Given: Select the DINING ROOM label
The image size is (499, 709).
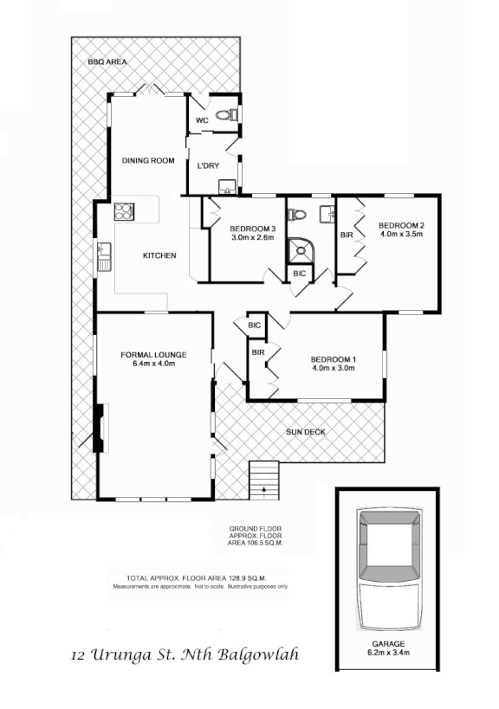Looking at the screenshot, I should point(148,160).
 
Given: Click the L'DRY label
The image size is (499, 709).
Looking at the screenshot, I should point(209,165).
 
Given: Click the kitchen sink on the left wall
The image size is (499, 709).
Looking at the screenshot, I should point(101,253).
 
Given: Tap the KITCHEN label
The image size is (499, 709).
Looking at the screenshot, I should point(159,255).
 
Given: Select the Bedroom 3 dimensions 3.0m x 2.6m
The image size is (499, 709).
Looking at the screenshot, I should point(252,237).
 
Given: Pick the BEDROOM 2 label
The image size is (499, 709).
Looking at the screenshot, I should point(401,224).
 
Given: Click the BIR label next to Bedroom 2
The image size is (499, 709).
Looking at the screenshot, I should point(347,235).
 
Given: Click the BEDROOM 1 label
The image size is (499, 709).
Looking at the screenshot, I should point(334,358).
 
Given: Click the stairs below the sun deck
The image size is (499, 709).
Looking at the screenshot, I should point(264,477).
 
